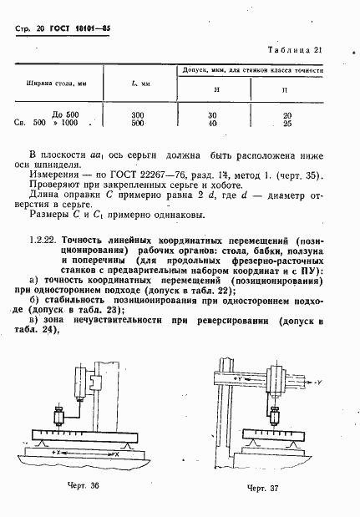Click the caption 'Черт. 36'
(89, 484)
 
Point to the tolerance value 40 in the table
(210, 123)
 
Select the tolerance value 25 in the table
(287, 123)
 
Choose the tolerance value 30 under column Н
(210, 114)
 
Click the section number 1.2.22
(44, 239)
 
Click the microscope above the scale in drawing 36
(59, 417)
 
